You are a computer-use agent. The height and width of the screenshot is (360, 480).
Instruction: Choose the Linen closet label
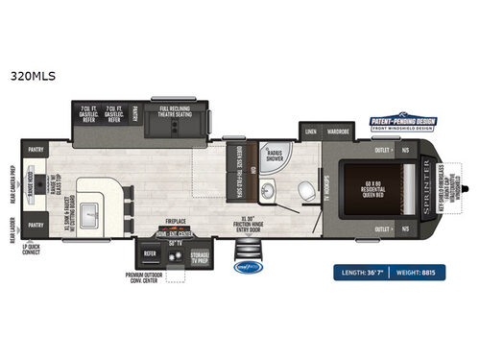point(311,132)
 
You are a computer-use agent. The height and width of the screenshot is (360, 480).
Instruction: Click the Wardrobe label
point(337,132)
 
